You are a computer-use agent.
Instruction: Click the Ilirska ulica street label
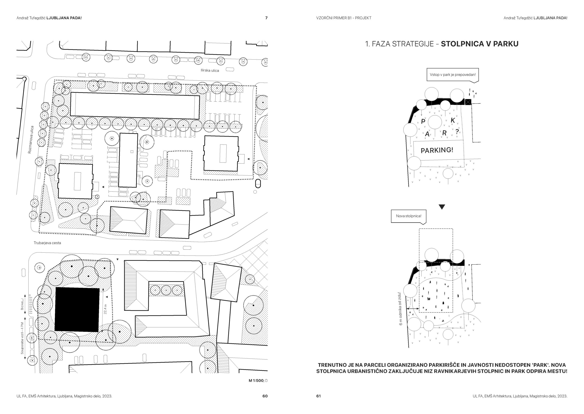coord(210,70)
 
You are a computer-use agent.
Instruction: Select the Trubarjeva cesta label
coord(47,243)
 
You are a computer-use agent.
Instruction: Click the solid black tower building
coord(77,310)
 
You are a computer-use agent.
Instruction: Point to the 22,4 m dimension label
coord(105,309)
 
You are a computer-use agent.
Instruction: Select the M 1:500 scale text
coord(256,381)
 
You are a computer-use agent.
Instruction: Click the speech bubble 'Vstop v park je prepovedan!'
coord(452,75)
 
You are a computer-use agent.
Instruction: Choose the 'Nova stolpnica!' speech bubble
coord(409,216)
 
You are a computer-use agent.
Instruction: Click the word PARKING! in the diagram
coord(437,150)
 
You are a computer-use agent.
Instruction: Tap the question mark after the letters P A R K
coord(457,131)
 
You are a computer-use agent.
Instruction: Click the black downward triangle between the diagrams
coord(442,207)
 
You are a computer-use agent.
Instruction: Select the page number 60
coord(265,396)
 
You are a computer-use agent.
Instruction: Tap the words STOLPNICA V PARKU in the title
coord(479,44)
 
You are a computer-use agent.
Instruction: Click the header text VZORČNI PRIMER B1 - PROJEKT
coord(344,18)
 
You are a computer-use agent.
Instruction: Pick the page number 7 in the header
coord(267,18)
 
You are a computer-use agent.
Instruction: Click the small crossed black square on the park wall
coord(468,102)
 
